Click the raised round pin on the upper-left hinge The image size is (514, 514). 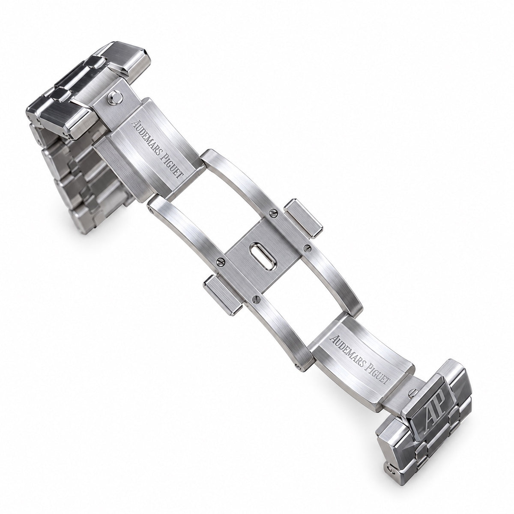coord(115,98)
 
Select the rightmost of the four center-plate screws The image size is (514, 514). coord(308,248)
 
